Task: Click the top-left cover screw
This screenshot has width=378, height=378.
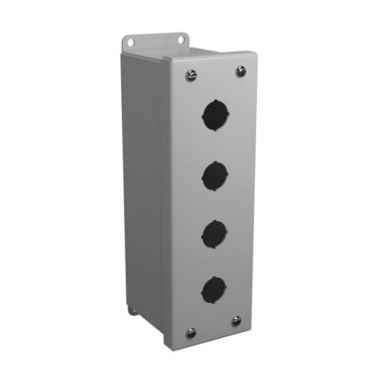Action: tap(189, 74)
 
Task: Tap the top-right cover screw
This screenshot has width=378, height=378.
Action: tap(241, 71)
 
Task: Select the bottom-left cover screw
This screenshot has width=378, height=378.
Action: tap(191, 333)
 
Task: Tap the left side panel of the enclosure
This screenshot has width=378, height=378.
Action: tap(150, 192)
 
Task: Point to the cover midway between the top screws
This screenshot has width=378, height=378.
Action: tap(215, 73)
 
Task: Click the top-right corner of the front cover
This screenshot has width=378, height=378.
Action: tap(251, 60)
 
